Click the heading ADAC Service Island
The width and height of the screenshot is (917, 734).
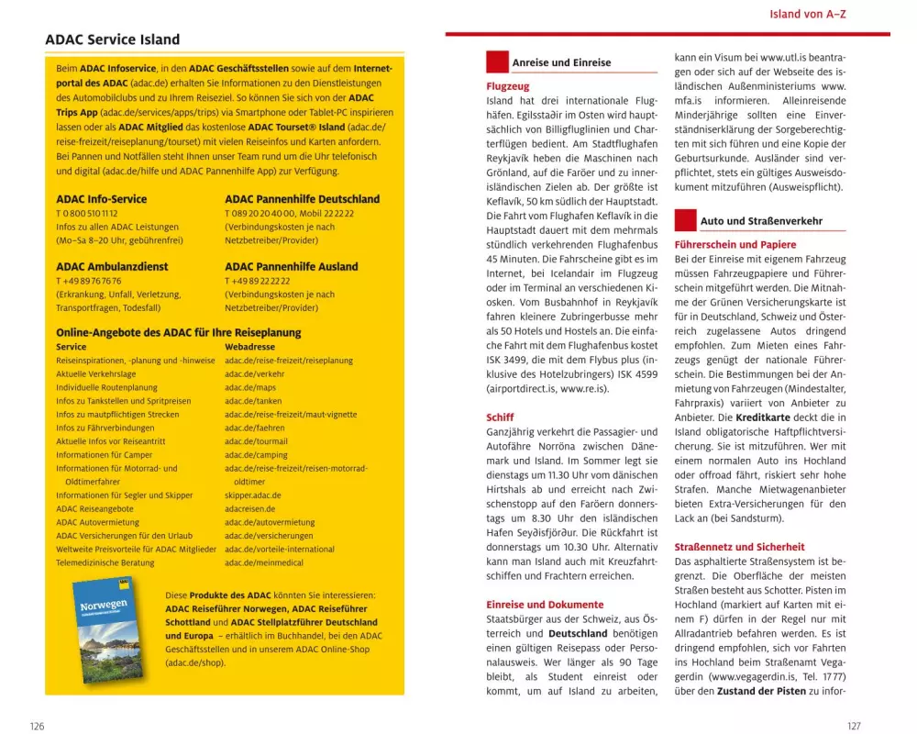pyautogui.click(x=112, y=40)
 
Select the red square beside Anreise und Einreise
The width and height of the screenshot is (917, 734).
pyautogui.click(x=497, y=62)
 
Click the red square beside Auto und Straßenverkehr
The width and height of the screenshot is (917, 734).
pyautogui.click(x=685, y=220)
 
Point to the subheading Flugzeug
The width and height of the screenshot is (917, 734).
pyautogui.click(x=507, y=85)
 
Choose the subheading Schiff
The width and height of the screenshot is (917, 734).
pyautogui.click(x=500, y=417)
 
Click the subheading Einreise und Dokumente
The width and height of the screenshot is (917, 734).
pyautogui.click(x=545, y=605)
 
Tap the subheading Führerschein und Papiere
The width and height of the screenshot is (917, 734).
pyautogui.click(x=735, y=245)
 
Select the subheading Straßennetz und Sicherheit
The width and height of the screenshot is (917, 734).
pyautogui.click(x=739, y=547)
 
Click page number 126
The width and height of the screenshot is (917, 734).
pyautogui.click(x=37, y=726)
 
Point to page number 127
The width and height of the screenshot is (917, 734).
pyautogui.click(x=854, y=726)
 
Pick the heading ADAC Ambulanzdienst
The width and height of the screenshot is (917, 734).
pyautogui.click(x=112, y=267)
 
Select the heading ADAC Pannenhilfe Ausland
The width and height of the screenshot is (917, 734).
pyautogui.click(x=291, y=267)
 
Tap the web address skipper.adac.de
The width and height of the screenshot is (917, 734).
pyautogui.click(x=252, y=495)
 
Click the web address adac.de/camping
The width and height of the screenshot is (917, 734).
pyautogui.click(x=256, y=455)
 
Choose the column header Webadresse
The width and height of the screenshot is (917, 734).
pyautogui.click(x=249, y=347)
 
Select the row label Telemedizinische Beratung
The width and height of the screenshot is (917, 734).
pyautogui.click(x=105, y=562)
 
